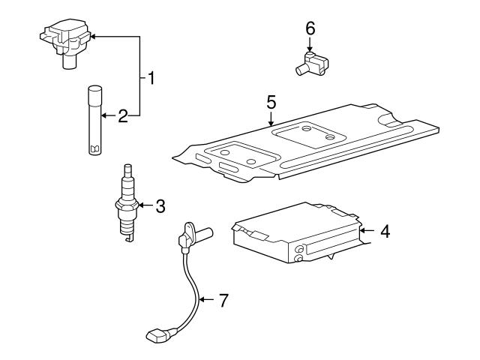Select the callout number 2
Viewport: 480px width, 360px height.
[123, 115]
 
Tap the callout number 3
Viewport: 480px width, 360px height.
[160, 206]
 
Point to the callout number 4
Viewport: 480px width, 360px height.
[385, 232]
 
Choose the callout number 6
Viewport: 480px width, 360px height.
[310, 28]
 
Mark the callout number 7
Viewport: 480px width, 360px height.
[223, 301]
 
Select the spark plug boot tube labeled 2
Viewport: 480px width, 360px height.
[94, 120]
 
